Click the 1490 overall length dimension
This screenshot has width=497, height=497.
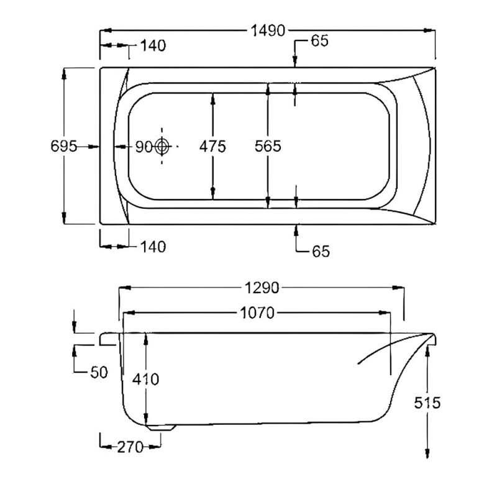pos(268,30)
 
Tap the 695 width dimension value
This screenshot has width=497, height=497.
pos(63,147)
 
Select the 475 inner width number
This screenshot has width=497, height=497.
pos(212,147)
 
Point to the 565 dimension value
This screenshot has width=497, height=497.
pos(268,147)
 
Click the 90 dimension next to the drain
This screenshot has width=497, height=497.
pos(144,147)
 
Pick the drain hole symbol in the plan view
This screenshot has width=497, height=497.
pos(162,147)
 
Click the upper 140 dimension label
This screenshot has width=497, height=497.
pos(153,46)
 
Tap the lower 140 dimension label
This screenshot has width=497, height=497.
pos(153,247)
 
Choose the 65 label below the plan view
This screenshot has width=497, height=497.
pos(320,252)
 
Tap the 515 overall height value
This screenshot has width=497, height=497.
pos(427,403)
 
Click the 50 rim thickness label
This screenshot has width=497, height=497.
pos(98,372)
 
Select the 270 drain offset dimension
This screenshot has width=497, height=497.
pos(130,446)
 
